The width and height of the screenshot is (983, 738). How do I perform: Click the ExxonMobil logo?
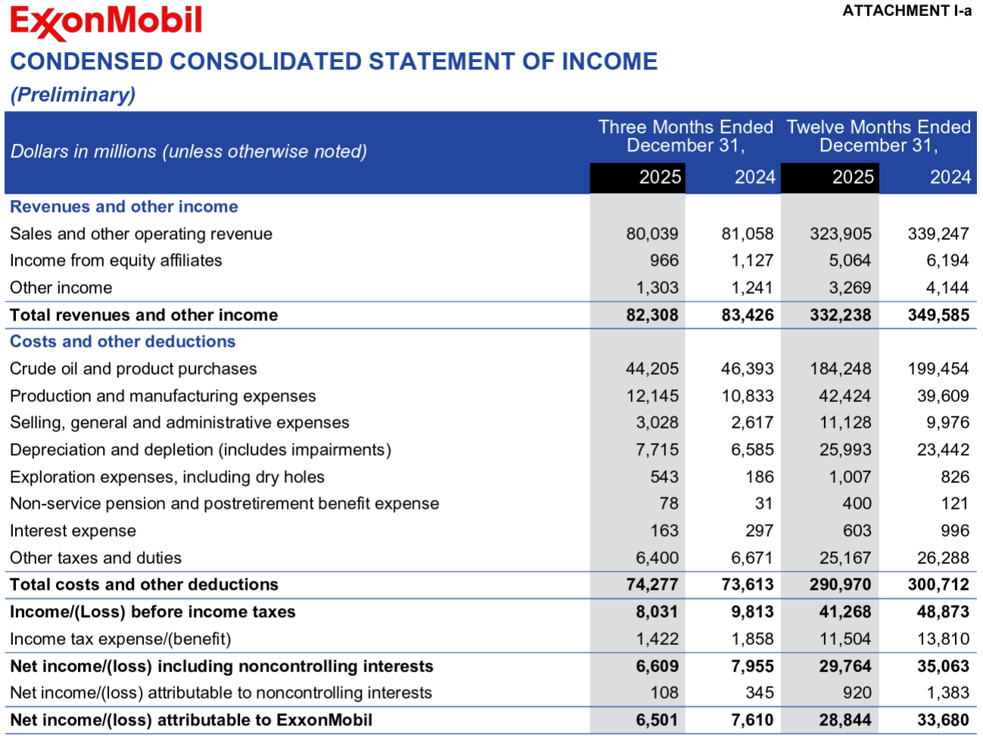[106, 23]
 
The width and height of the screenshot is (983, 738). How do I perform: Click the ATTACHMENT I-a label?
[907, 11]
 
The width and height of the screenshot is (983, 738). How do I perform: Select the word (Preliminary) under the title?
[73, 95]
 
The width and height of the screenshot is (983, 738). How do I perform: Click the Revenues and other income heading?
[123, 207]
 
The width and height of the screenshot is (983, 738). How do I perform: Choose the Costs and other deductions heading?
[123, 341]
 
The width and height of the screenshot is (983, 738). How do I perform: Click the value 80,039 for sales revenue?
[652, 234]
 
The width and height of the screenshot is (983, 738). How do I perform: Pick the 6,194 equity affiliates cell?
[947, 260]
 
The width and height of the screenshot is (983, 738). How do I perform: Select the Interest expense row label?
[73, 531]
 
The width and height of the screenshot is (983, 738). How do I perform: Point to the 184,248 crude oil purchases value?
[840, 369]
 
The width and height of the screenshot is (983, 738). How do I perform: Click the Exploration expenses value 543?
[664, 477]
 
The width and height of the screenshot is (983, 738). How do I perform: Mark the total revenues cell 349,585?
[938, 315]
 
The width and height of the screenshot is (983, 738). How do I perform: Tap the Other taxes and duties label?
[95, 558]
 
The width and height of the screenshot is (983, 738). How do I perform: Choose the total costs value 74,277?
[652, 584]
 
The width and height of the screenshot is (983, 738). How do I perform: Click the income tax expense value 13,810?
[943, 639]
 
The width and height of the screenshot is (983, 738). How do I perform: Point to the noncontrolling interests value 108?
[664, 693]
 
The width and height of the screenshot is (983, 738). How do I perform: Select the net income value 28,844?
[845, 720]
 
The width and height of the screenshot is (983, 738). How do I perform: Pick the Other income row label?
[61, 288]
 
